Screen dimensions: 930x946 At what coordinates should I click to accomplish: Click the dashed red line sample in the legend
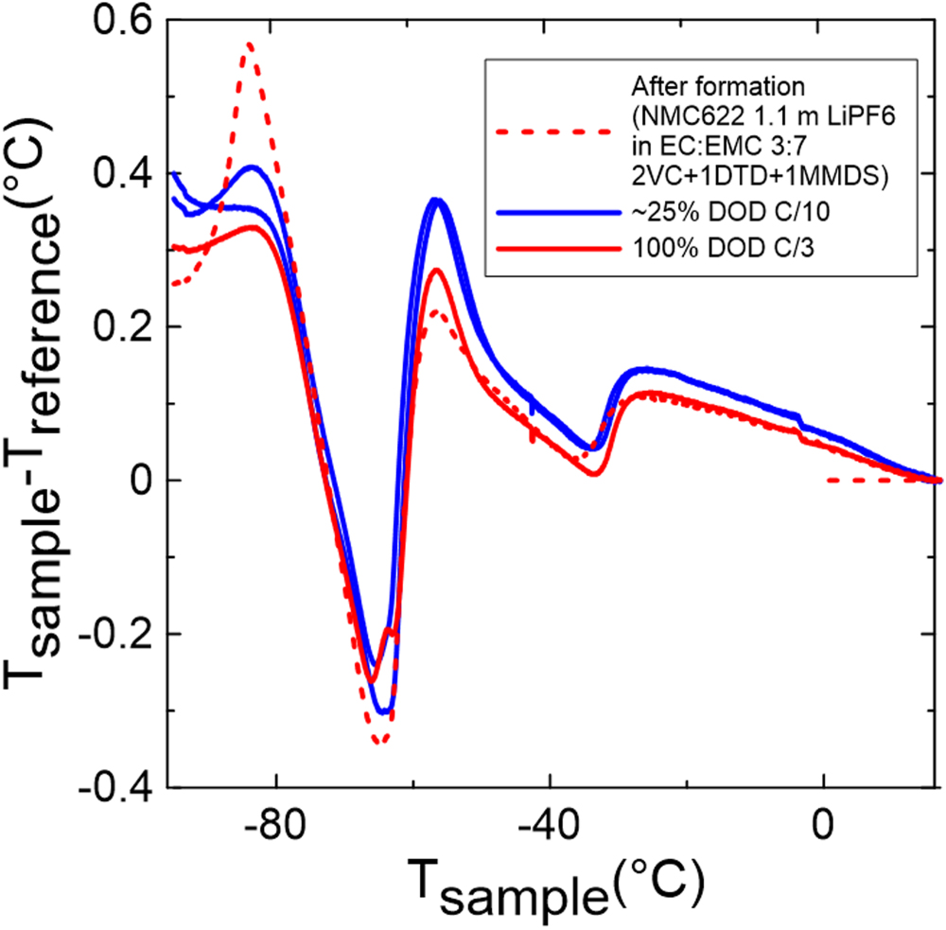[552, 132]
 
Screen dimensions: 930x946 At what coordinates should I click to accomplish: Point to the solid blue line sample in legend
[552, 213]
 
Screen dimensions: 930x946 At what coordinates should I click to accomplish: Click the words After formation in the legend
[717, 86]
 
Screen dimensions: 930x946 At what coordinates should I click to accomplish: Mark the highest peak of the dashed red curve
[249, 44]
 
